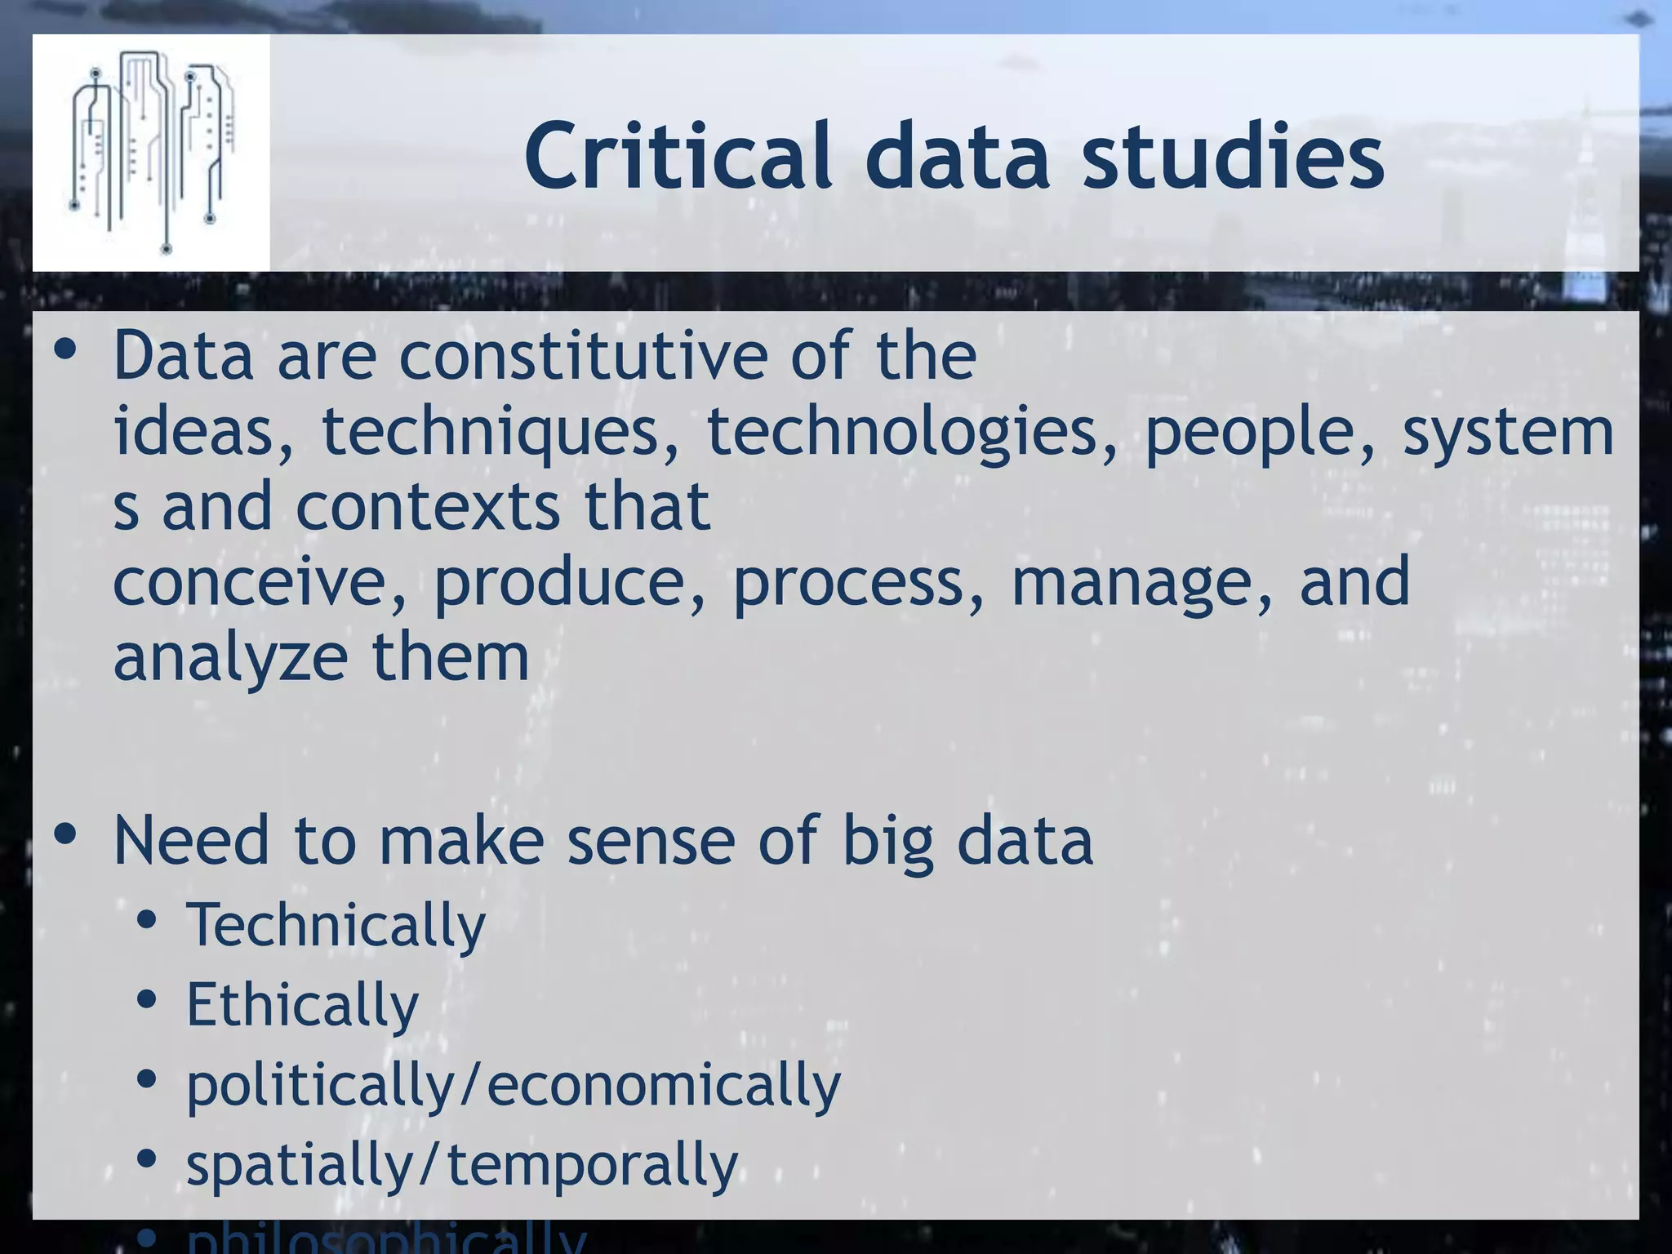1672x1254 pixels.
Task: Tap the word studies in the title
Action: coord(1233,155)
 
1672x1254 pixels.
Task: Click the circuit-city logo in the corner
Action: coord(151,153)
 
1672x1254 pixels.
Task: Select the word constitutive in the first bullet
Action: coord(582,356)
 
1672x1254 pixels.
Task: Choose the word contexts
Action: coord(427,506)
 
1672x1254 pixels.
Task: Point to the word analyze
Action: coord(230,657)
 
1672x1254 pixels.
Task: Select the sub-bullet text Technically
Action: coord(336,925)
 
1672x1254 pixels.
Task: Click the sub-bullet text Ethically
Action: coord(302,1005)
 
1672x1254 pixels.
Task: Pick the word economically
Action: coord(663,1085)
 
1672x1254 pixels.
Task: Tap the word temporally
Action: coord(592,1165)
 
